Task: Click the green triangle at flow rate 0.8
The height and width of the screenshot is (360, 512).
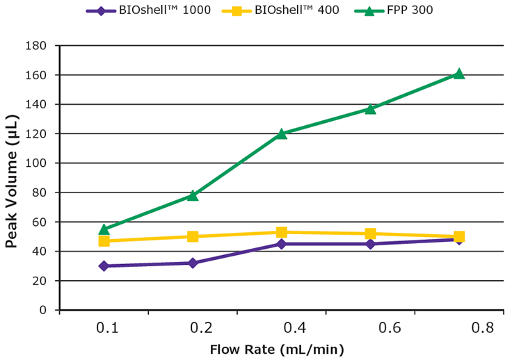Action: pos(458,74)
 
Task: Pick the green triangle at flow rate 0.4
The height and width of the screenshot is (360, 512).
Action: pos(281,133)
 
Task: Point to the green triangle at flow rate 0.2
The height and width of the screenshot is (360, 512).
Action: pos(193,195)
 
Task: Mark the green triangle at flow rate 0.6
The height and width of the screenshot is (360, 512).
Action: pos(370,108)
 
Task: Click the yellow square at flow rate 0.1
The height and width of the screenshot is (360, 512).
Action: pos(104,240)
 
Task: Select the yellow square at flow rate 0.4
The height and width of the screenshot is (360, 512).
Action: pos(281,232)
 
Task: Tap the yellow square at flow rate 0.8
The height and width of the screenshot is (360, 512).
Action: pos(458,236)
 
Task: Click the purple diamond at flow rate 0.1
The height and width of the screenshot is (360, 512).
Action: pos(104,265)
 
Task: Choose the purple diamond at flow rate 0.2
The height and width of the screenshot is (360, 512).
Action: pos(193,263)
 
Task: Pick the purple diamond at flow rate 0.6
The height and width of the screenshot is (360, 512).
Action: pos(370,244)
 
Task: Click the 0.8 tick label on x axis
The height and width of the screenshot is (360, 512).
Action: pos(458,327)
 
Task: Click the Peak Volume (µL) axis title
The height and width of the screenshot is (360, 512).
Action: pos(13,178)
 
